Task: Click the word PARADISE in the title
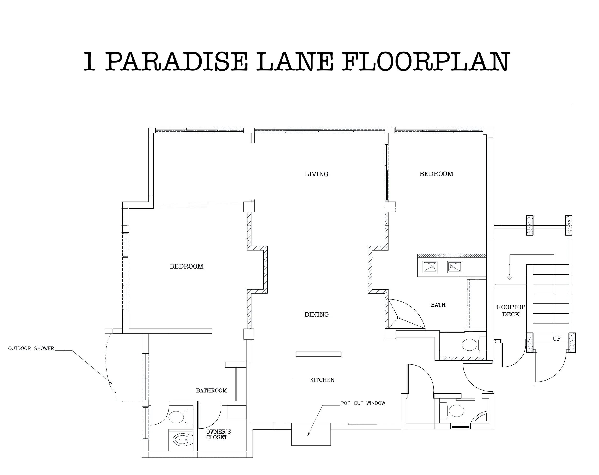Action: tap(177, 61)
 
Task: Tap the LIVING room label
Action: tap(317, 174)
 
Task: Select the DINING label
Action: tap(317, 315)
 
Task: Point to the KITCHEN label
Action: tap(322, 380)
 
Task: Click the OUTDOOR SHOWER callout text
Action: tap(31, 348)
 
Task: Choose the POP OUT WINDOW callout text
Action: tap(363, 403)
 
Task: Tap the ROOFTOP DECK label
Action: tap(511, 310)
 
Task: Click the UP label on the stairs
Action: tap(557, 339)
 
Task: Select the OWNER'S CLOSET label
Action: tap(218, 435)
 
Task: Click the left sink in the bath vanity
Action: tap(430, 267)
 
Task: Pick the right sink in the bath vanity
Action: tap(455, 267)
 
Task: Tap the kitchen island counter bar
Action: tap(318, 354)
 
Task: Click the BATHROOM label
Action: tap(211, 390)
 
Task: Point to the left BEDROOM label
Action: tap(186, 266)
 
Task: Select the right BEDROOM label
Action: tap(436, 174)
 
